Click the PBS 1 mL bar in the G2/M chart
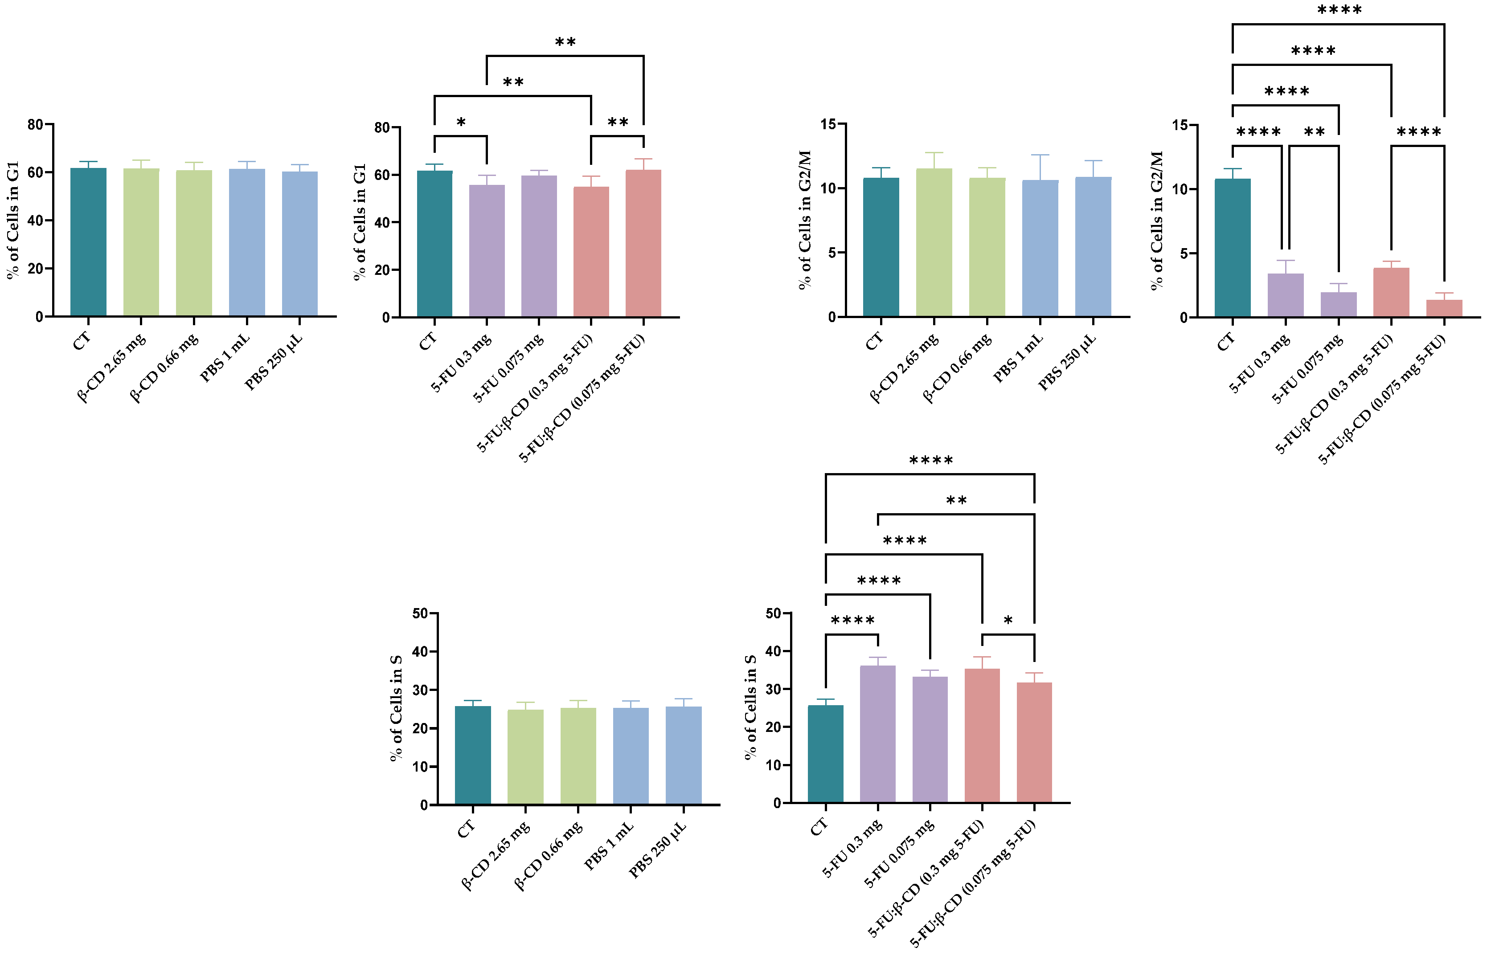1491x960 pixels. (x=1040, y=248)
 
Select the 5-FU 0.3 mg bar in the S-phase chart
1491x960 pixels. (x=877, y=734)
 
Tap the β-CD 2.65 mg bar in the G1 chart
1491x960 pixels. (x=141, y=242)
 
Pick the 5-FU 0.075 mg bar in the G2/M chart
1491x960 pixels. (x=1338, y=304)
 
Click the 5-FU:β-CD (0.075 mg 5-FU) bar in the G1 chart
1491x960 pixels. (x=643, y=243)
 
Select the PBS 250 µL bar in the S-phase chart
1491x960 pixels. (x=684, y=755)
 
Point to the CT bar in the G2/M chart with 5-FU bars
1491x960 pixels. (x=1232, y=248)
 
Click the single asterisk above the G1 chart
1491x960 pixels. (x=461, y=122)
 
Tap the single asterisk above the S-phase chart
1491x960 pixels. (x=1008, y=620)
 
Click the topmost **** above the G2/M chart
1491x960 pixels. (x=1339, y=10)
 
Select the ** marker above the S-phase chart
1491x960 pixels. (x=956, y=501)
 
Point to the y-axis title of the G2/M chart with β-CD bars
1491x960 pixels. (x=804, y=220)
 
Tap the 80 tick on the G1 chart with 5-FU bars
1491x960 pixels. (x=381, y=128)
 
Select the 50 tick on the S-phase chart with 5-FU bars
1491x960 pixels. (x=773, y=613)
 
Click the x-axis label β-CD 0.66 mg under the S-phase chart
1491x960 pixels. (x=548, y=855)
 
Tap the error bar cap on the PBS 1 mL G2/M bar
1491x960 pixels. (x=1040, y=155)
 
